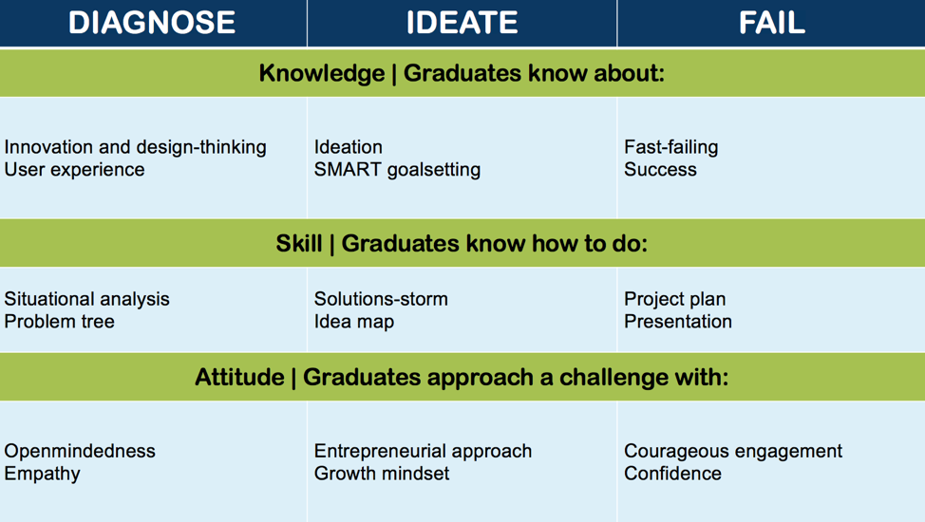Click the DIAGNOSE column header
[x=152, y=23]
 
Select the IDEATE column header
[x=462, y=23]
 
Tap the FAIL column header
[x=771, y=23]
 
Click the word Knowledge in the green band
[x=322, y=73]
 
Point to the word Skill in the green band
[x=299, y=243]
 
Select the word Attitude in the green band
[x=239, y=377]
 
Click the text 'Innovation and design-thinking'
[x=135, y=147]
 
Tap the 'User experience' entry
[x=74, y=170]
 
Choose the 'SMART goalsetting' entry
[x=397, y=170]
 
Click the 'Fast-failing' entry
[x=671, y=147]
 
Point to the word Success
[x=660, y=170]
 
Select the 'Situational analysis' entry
[x=86, y=299]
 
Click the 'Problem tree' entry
[x=59, y=322]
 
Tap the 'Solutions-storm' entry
[x=381, y=299]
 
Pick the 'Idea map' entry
[x=354, y=322]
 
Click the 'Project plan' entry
[x=675, y=299]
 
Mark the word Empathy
[x=42, y=474]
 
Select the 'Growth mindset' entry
[x=382, y=473]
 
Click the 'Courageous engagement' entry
[x=733, y=451]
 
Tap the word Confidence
[x=672, y=473]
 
